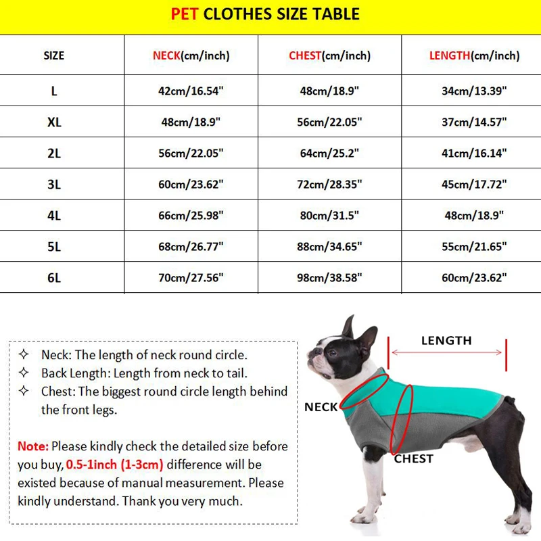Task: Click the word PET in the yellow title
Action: pos(185,14)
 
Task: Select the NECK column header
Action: pos(191,55)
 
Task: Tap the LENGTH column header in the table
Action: pos(474,55)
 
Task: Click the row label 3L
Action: pos(54,184)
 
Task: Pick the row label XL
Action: pos(54,122)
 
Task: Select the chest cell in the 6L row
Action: pos(331,277)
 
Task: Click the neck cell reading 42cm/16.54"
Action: pos(191,91)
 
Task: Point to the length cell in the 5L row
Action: pos(474,246)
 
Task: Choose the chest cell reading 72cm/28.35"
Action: pos(331,184)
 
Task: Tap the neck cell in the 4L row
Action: pos(191,215)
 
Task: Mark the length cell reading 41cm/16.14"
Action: pos(474,153)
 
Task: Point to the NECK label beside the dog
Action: pos(321,407)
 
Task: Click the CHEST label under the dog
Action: pos(413,458)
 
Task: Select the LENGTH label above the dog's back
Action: pos(446,340)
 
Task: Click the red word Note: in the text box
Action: pos(33,446)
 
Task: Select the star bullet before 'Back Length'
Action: pos(24,373)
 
